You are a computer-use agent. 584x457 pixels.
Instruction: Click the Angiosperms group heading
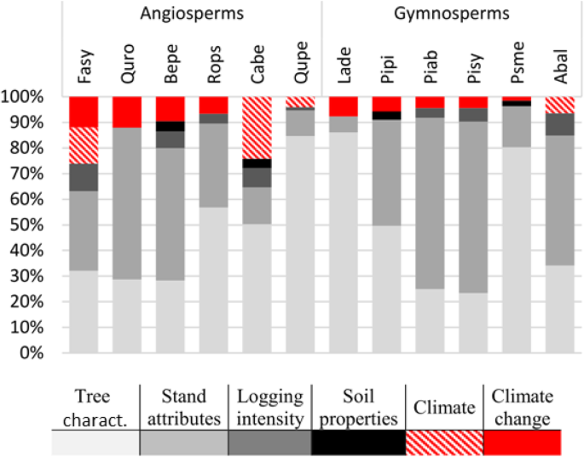[x=192, y=14]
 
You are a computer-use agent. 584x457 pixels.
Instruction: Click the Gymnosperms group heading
[x=451, y=14]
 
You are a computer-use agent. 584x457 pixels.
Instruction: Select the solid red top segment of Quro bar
[x=127, y=111]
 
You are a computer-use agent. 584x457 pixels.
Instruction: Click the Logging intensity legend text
[x=270, y=406]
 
